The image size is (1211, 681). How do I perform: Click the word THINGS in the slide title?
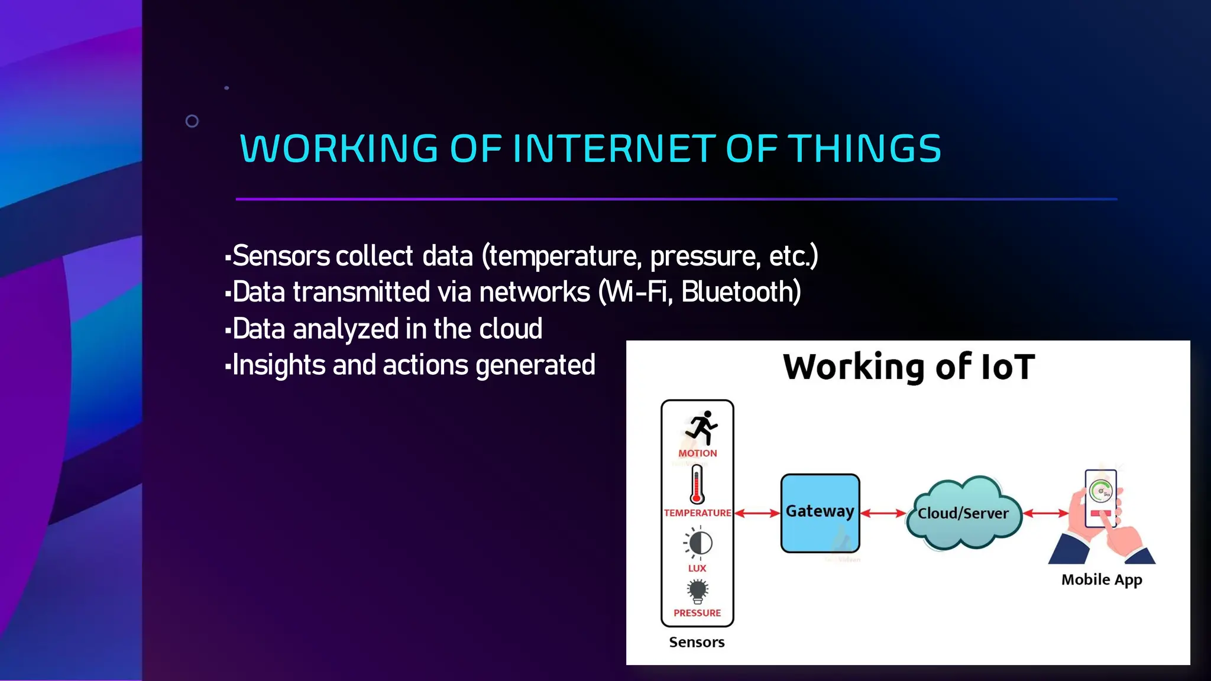(865, 148)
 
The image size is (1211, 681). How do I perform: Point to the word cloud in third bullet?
(510, 329)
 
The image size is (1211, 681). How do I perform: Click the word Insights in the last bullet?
(279, 365)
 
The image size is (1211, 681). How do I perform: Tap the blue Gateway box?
(820, 513)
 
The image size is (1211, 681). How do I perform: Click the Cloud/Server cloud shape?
(963, 513)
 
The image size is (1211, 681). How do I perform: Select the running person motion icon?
(701, 428)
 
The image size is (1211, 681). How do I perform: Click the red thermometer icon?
(697, 484)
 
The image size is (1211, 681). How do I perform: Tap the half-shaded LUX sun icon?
(699, 543)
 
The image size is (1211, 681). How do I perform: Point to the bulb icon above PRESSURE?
(698, 591)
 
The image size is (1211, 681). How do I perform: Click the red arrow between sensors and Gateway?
(757, 513)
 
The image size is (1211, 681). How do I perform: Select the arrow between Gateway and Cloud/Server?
(883, 513)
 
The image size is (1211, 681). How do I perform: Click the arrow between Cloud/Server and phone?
(1045, 513)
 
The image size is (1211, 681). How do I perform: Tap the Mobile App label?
(1101, 580)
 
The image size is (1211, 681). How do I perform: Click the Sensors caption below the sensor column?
(697, 642)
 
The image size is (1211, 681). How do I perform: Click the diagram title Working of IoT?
(908, 367)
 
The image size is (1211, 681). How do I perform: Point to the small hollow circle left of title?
(192, 121)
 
